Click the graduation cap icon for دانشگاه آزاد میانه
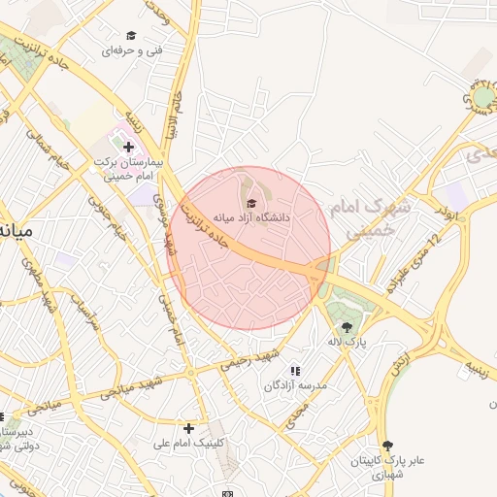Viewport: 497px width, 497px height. coord(253,203)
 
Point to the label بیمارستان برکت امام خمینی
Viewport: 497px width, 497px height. coord(125,169)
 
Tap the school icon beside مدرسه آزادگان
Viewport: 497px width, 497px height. coord(295,370)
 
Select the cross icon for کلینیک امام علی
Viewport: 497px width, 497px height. coord(188,427)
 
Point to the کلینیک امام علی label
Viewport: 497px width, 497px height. coord(190,444)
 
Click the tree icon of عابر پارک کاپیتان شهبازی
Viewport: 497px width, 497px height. coord(388,444)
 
